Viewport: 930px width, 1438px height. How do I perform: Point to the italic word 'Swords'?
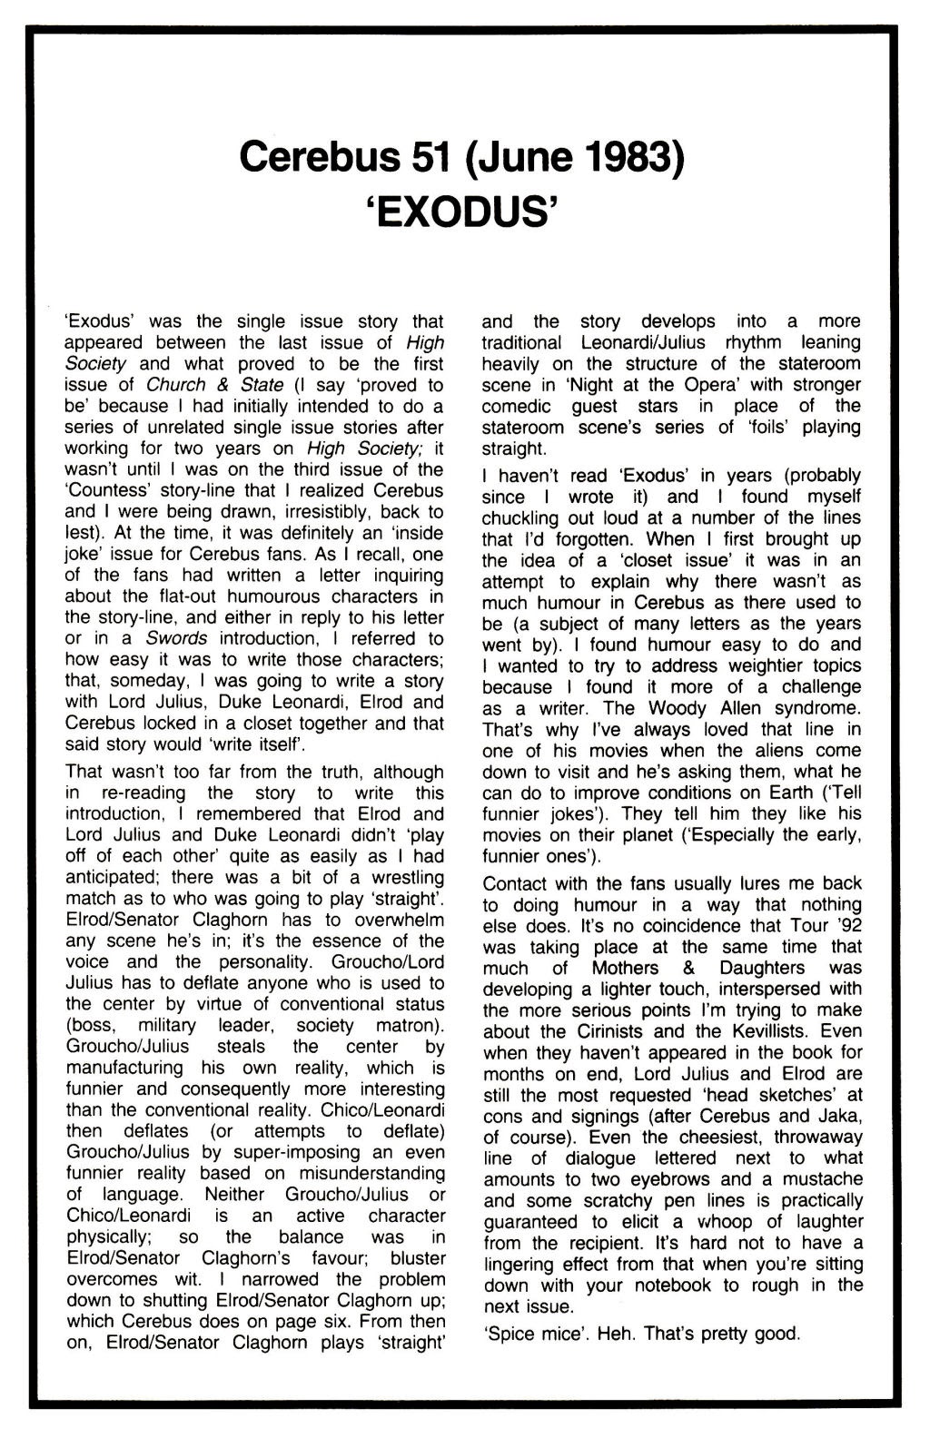click(x=177, y=639)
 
